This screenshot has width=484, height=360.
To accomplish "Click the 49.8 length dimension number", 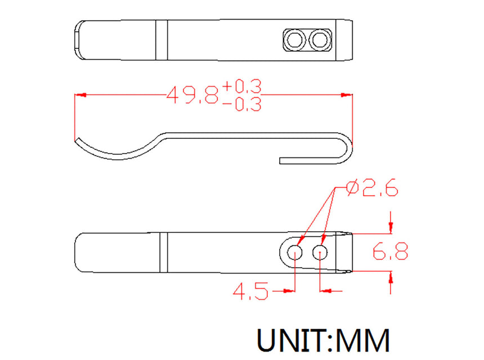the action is [192, 94].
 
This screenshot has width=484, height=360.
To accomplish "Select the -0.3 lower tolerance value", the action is [242, 104].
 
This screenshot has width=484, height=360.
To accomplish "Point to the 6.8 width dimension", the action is [391, 251].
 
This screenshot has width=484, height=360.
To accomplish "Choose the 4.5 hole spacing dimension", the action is [250, 291].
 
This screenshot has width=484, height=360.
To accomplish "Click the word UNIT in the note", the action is [291, 340].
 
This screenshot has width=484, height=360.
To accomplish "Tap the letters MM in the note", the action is [363, 340].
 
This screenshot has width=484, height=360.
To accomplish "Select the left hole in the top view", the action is [294, 40].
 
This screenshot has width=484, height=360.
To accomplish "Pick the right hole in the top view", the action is [320, 40].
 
